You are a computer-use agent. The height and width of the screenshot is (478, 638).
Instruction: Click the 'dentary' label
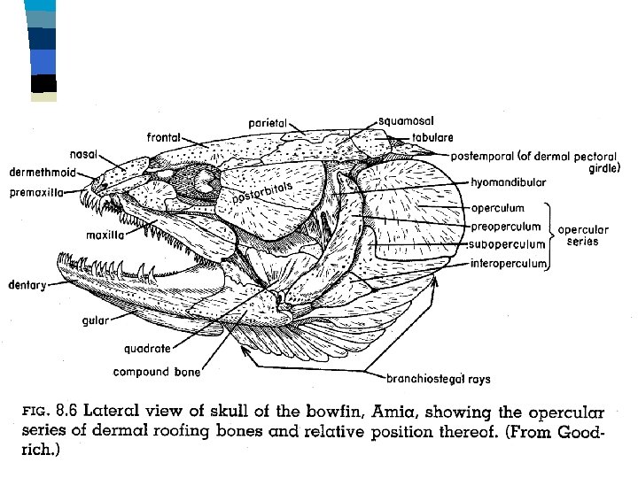tap(27, 284)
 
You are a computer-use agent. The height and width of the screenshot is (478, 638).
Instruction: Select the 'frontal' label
tap(164, 137)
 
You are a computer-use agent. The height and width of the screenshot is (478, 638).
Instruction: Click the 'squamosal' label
tap(405, 119)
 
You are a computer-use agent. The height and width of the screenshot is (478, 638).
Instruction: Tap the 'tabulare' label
tap(432, 137)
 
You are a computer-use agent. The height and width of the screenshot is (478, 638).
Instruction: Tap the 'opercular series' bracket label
tap(579, 235)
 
